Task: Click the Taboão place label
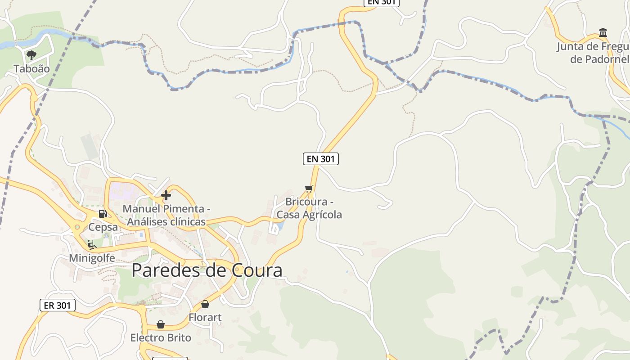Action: pos(31,69)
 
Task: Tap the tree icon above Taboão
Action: pos(31,55)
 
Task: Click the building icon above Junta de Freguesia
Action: pos(603,33)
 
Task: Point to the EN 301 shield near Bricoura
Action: pos(320,158)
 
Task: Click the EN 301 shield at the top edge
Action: pos(381,2)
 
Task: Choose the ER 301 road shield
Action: pos(57,305)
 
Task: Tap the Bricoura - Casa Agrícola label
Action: pos(309,208)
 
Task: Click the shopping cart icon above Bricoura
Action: pos(309,189)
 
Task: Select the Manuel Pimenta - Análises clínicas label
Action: pos(166,216)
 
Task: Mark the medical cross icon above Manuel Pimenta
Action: pos(166,195)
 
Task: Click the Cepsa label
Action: pos(103,227)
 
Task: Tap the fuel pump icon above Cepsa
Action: pos(103,214)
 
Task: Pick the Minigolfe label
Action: pos(92,258)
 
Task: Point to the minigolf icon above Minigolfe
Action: pos(92,245)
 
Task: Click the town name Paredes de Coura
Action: pos(207,270)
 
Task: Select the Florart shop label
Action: pos(205,318)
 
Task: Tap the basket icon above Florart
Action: pos(205,305)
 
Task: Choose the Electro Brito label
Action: pos(161,337)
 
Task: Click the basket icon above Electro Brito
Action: pos(161,324)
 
